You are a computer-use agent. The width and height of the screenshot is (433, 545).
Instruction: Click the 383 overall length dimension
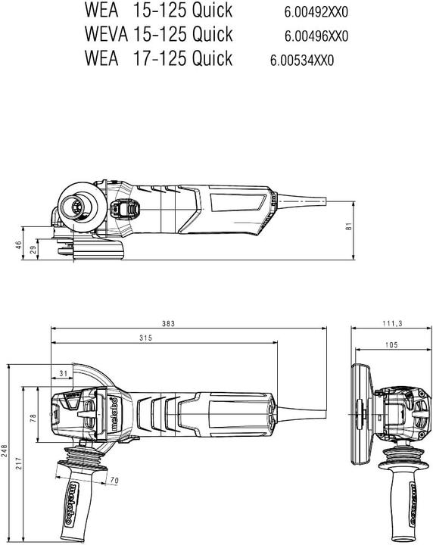point(168,323)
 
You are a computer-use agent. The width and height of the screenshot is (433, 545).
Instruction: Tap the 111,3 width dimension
point(391,323)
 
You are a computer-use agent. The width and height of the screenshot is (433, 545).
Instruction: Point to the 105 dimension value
point(391,345)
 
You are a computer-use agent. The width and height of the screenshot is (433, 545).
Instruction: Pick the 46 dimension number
point(19,244)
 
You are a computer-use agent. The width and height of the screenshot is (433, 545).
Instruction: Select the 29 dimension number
point(33,250)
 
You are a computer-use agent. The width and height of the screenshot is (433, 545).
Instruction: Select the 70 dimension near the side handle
point(114,480)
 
